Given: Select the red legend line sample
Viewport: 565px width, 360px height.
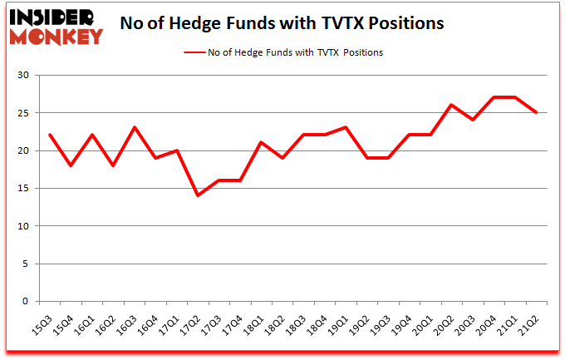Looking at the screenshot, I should point(200,52).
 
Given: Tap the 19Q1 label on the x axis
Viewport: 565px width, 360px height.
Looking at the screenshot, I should point(343,323).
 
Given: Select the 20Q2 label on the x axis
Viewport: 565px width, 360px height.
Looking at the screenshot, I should point(450,323).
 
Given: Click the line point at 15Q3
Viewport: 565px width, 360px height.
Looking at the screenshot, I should point(51,135).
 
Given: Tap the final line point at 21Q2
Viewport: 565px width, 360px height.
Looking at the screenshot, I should point(537,112).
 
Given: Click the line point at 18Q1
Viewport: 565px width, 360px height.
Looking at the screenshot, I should point(262,142).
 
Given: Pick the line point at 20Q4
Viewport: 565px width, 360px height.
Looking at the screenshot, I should point(494,97).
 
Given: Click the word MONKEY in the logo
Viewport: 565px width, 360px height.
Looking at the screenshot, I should point(56,36).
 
